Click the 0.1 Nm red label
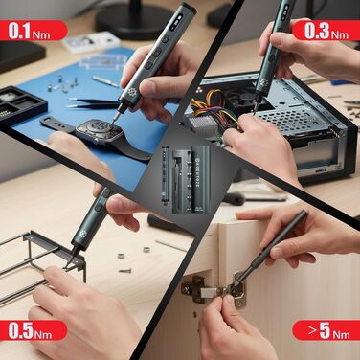pos(34,31)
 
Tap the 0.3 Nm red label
pos(326,31)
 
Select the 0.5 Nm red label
pos(34,330)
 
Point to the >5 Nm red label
pos(326,330)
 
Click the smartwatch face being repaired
pos(100,130)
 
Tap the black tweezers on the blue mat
pos(94,102)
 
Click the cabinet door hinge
pos(213,290)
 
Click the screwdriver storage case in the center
pos(186,180)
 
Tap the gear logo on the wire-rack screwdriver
pos(83,235)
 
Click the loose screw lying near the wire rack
pos(125,271)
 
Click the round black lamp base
pos(134,19)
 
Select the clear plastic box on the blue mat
pos(103,61)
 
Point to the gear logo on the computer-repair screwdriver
pos(263,83)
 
